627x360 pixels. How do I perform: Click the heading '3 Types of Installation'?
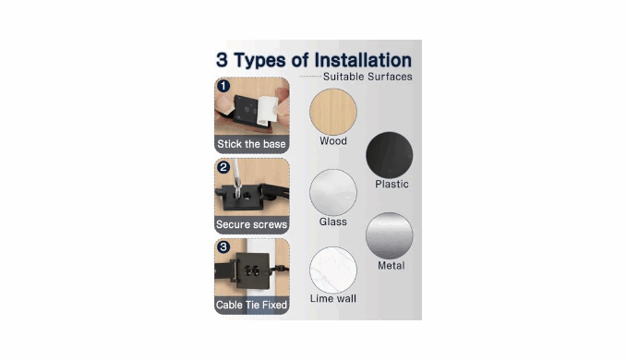314,60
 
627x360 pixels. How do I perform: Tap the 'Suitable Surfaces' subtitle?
368,77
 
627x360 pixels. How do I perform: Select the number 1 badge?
223,86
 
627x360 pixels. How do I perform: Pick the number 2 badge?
223,167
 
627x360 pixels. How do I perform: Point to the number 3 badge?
223,247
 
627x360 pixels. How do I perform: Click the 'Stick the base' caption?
251,144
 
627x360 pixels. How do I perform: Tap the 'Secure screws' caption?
251,224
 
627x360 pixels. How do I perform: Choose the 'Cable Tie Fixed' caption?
251,305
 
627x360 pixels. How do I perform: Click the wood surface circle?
333,112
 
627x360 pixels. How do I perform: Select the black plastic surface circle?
389,155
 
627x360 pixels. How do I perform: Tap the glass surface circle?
333,192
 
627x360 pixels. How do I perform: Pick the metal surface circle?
389,235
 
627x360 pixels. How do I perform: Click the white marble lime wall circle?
333,270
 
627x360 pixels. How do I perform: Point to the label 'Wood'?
333,141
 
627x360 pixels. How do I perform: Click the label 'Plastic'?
392,185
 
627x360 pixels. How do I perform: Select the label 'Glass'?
332,222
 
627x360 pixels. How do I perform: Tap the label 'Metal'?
392,266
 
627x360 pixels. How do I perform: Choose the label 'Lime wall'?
333,298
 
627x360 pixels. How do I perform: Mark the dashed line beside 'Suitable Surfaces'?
310,77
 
